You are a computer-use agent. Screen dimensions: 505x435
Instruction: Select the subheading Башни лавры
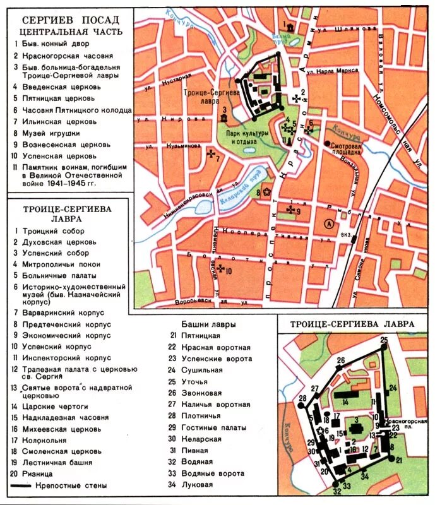207,324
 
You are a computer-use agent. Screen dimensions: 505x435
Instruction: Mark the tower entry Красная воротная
215,347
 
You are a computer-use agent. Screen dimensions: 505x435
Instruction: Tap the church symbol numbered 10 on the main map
220,270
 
